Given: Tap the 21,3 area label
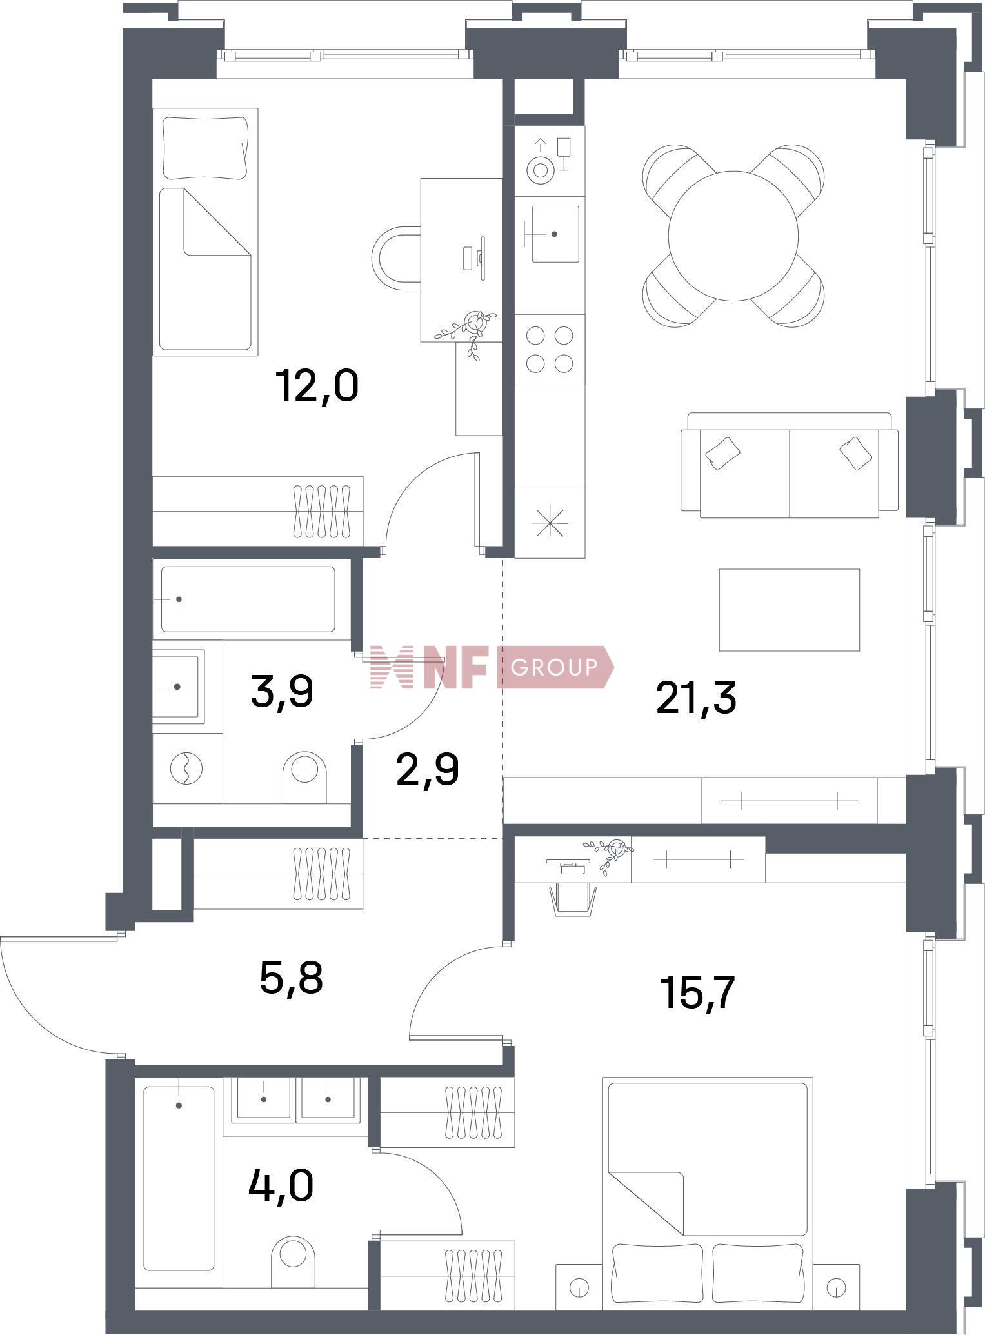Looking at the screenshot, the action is click(696, 699).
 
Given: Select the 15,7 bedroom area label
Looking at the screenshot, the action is click(697, 992).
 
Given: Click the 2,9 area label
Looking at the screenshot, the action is click(428, 770).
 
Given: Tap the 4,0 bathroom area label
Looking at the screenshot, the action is click(281, 1186).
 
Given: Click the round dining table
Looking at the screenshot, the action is click(733, 235).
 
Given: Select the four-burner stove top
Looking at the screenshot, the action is click(550, 350).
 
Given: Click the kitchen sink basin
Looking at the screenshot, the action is click(555, 234).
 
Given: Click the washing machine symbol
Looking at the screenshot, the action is click(186, 768).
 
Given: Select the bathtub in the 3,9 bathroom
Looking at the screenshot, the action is click(248, 599).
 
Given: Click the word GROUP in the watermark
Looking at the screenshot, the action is click(553, 667).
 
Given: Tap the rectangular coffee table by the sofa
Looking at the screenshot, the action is click(790, 610).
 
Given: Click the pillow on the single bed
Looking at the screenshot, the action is click(205, 148).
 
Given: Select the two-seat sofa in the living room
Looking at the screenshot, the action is click(790, 465).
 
